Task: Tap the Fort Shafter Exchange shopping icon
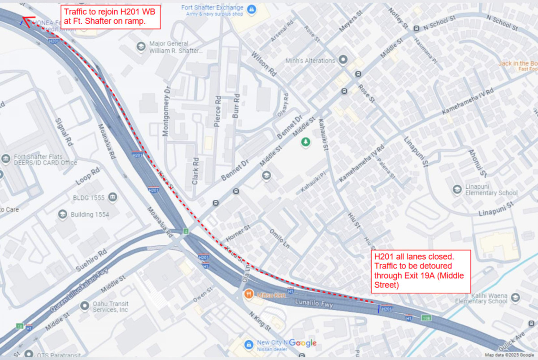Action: click(x=252, y=9)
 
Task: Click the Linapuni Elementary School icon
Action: click(x=457, y=189)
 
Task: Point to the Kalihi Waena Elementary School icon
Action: click(x=516, y=297)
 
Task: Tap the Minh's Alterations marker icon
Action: click(x=343, y=60)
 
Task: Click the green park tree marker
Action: click(x=306, y=142)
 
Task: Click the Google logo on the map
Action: click(x=303, y=343)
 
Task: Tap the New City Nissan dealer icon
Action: click(x=248, y=343)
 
